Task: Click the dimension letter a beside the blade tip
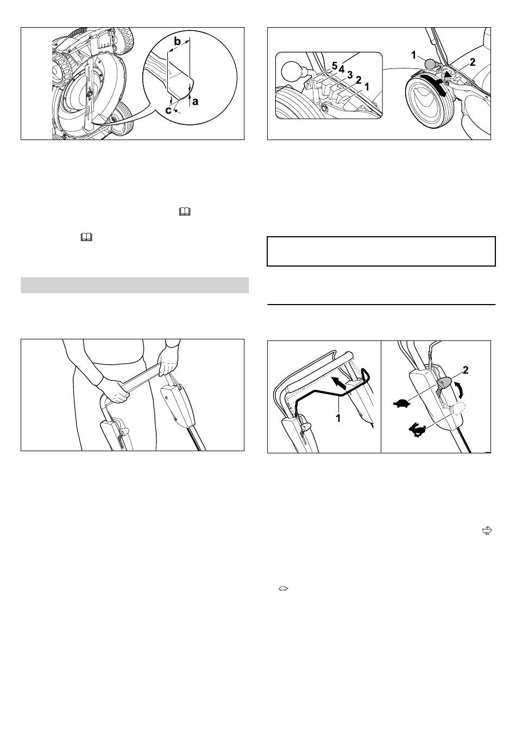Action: point(195,101)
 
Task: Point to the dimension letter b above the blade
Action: point(177,42)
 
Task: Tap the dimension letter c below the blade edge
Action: point(168,110)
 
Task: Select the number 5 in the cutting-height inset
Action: point(335,66)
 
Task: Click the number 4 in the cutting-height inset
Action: point(342,70)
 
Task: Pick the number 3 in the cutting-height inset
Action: point(350,75)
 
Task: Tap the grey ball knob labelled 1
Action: point(430,63)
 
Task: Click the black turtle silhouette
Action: point(402,403)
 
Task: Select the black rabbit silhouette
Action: point(417,429)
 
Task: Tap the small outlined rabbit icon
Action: point(487,530)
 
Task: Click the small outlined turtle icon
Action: point(283,589)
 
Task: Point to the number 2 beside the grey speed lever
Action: point(465,370)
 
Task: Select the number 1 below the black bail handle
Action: point(338,418)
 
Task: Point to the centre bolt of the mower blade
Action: point(90,94)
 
